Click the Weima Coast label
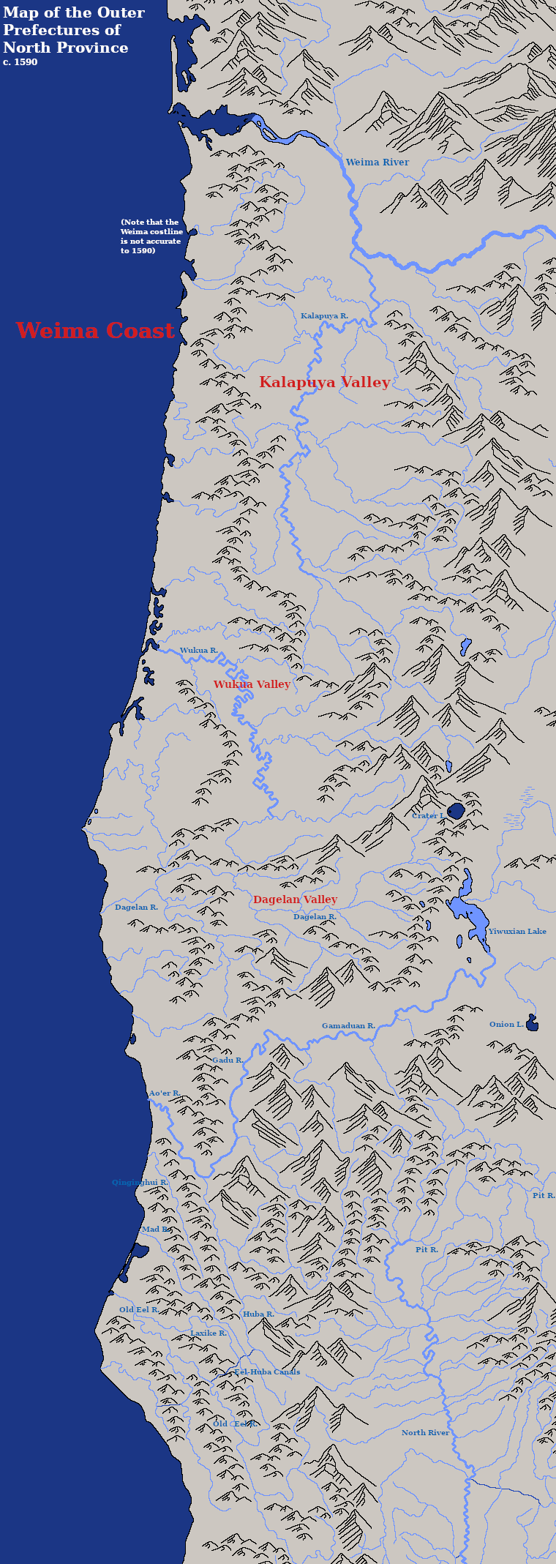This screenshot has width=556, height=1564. click(x=95, y=331)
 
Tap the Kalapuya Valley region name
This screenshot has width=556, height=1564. click(x=324, y=382)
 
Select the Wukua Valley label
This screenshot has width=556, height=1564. click(x=252, y=684)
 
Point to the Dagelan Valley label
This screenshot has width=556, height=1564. click(x=295, y=899)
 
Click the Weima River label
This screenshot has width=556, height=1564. click(x=377, y=162)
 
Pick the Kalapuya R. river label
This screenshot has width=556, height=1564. click(x=324, y=316)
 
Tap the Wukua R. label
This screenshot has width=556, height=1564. click(x=198, y=651)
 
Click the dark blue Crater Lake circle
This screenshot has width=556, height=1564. click(x=456, y=811)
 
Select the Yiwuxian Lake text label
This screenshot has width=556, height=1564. click(x=517, y=932)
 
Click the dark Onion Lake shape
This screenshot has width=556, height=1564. click(x=532, y=1024)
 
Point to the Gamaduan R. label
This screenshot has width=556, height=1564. click(x=348, y=1026)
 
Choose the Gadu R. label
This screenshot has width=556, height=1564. click(x=228, y=1060)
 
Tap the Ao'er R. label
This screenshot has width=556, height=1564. click(x=165, y=1093)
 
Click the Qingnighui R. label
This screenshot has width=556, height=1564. click(x=140, y=1183)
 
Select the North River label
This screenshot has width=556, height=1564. click(x=425, y=1433)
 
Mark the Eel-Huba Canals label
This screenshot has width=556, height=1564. click(x=267, y=1372)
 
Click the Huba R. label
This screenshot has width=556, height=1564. click(x=258, y=1314)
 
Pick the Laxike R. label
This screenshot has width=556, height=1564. click(x=209, y=1333)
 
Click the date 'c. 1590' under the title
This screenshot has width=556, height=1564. click(x=20, y=63)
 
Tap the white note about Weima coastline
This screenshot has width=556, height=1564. click(x=151, y=236)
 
